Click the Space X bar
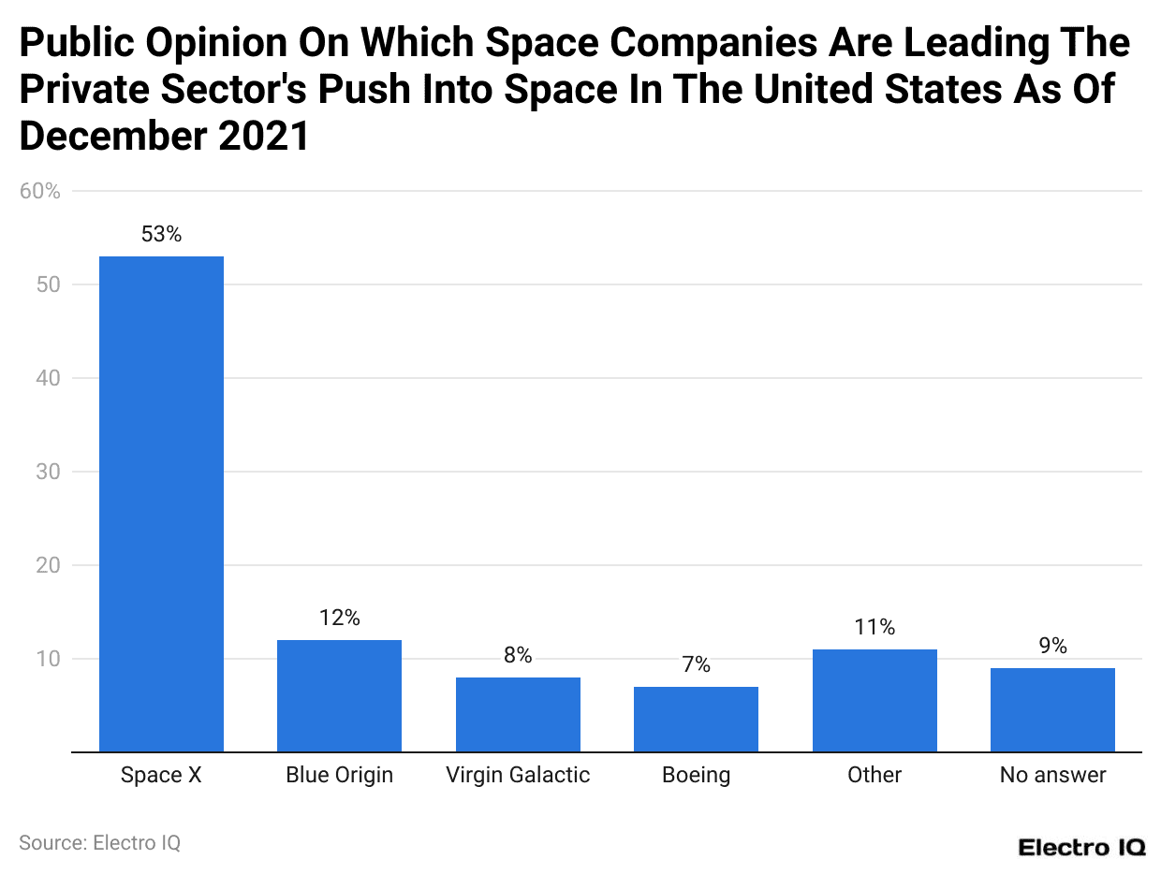[161, 503]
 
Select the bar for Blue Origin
[339, 695]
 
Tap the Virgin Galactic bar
[518, 714]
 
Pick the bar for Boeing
[696, 719]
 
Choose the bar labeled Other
[874, 700]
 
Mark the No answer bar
[1052, 709]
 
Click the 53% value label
[161, 235]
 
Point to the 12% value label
[339, 618]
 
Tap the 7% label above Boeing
[696, 665]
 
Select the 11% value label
[874, 627]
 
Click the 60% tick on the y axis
[39, 192]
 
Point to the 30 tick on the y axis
[48, 472]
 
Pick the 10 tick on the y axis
[48, 659]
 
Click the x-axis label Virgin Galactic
[518, 775]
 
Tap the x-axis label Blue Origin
[339, 775]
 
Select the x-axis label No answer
[1052, 775]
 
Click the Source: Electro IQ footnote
[99, 842]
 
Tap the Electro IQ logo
[1081, 847]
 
